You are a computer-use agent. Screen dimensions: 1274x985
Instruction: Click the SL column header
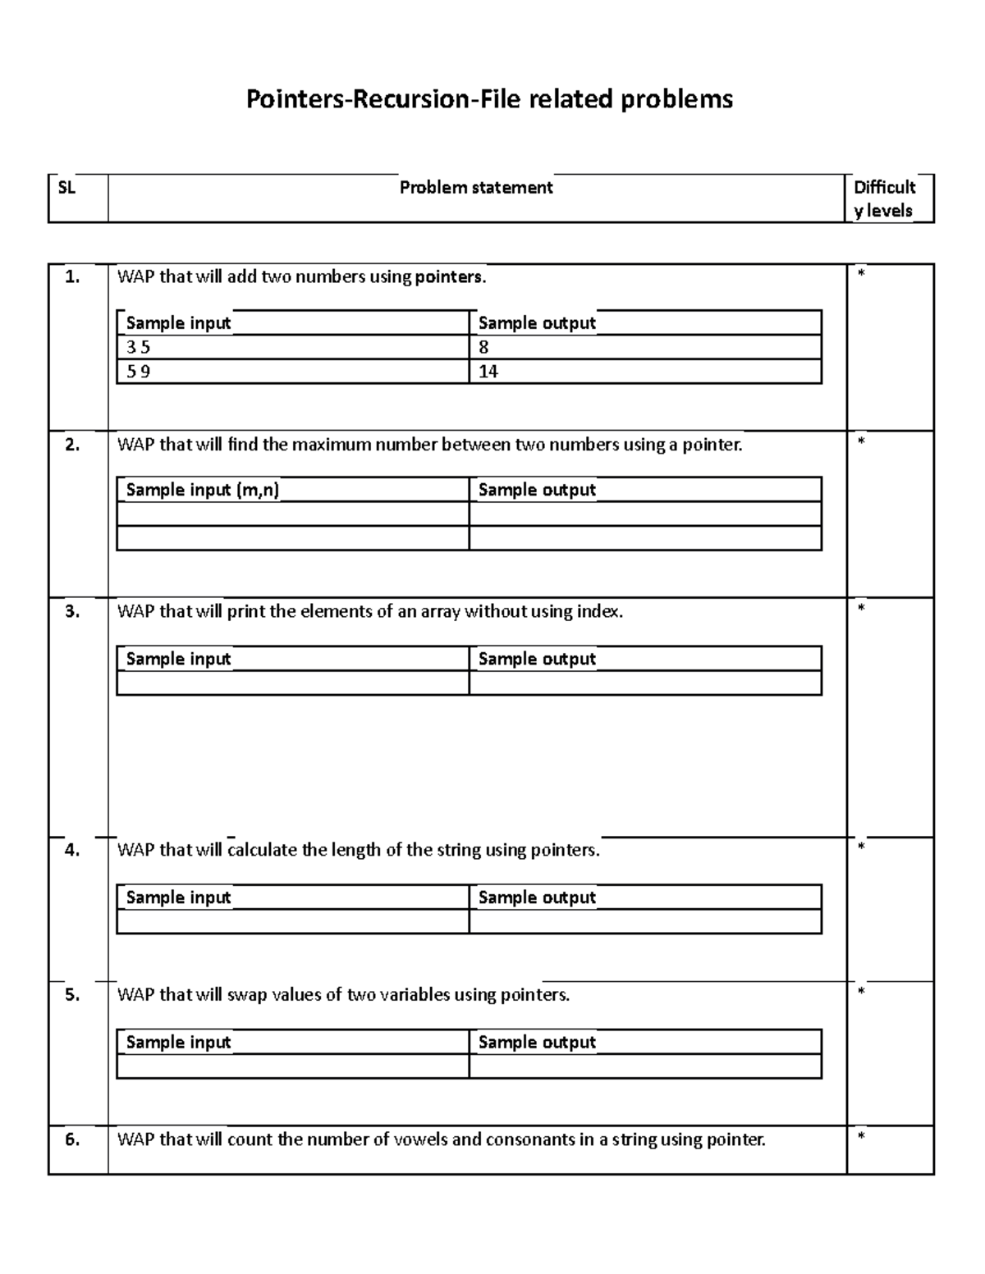66,188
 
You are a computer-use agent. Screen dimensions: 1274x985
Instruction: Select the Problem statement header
476,188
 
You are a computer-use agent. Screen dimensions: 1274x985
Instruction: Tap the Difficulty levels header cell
884,199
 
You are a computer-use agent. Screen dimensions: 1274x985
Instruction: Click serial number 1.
72,277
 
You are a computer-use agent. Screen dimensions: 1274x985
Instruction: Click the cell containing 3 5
138,347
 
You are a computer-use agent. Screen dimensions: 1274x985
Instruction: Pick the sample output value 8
483,347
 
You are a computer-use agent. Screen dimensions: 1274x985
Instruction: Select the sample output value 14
488,372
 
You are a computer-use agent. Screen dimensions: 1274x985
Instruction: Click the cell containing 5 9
138,372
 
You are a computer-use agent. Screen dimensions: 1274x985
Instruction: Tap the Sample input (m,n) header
202,491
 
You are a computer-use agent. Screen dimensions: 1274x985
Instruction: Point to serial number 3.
72,612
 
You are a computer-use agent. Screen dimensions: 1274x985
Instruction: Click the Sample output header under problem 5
537,1043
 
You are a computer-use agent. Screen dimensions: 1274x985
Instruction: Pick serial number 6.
72,1139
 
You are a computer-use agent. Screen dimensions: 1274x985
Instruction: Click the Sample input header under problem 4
178,897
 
